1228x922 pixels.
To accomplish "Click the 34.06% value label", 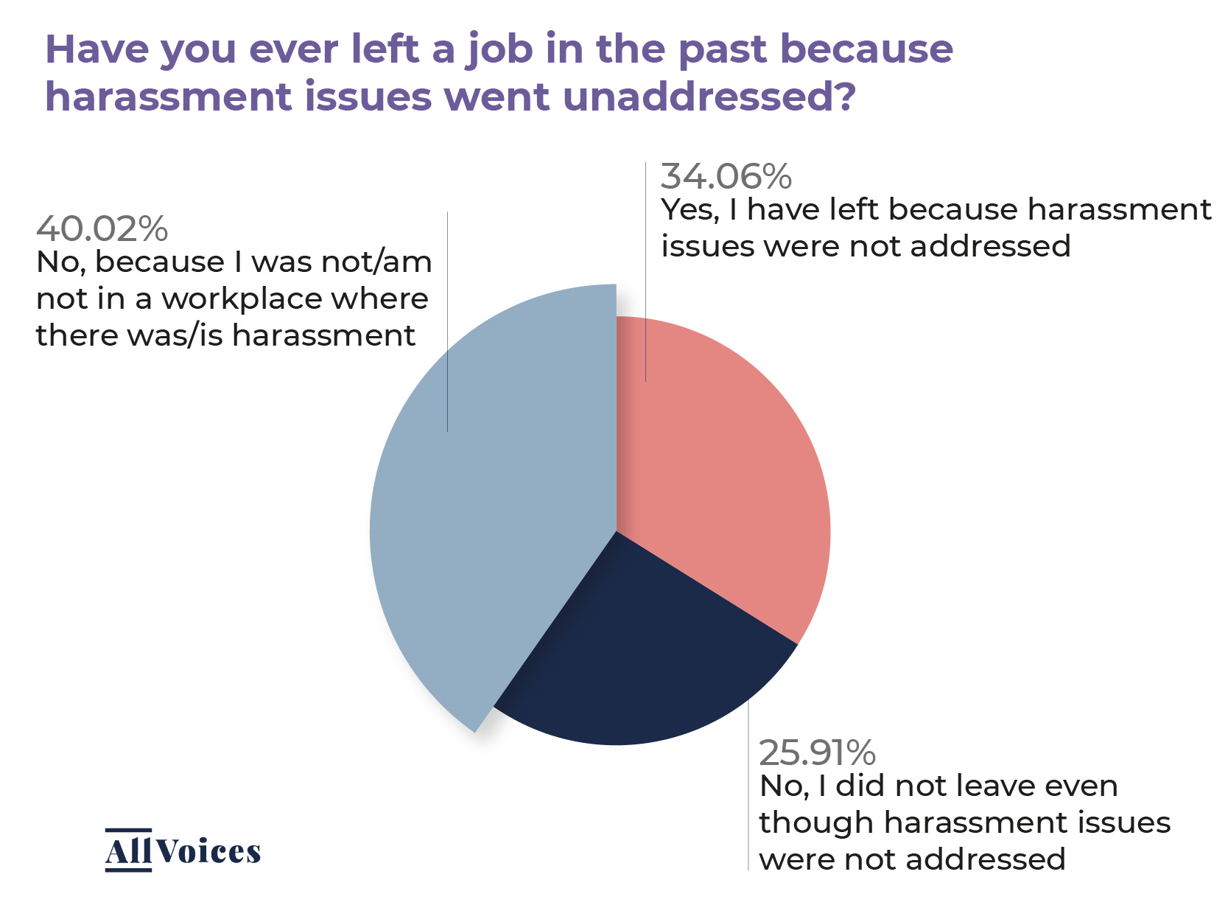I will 726,176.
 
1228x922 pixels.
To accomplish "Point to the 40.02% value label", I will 102,228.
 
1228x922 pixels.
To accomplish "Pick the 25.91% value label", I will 817,752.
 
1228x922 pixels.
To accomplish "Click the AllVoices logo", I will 183,851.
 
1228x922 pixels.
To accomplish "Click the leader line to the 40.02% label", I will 447,324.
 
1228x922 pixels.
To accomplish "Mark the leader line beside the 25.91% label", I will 748,789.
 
